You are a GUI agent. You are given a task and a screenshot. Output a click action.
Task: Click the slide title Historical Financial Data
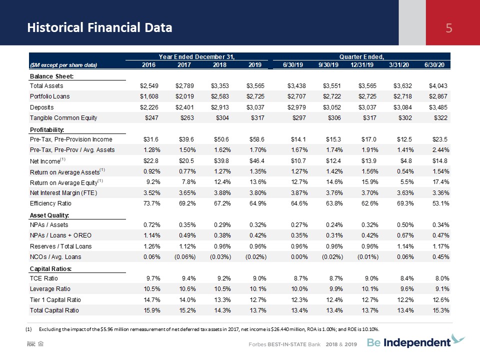click(100, 27)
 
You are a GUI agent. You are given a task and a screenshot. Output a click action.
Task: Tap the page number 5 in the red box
click(449, 28)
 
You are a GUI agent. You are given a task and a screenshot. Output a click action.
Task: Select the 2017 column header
click(184, 65)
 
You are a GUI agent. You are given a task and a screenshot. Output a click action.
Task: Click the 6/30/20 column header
click(434, 65)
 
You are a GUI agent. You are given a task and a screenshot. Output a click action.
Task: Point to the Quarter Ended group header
click(361, 56)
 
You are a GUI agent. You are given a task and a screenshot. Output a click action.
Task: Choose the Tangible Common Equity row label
click(63, 118)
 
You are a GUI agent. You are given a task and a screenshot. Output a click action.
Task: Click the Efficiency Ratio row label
click(50, 203)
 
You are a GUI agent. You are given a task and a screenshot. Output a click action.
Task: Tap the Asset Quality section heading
click(49, 215)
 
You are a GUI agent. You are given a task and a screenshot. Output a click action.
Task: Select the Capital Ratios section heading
click(50, 269)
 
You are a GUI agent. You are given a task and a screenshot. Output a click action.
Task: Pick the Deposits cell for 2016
click(149, 107)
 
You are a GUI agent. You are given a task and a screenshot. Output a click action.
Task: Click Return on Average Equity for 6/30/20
click(441, 182)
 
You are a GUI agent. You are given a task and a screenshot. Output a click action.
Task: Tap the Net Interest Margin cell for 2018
click(222, 193)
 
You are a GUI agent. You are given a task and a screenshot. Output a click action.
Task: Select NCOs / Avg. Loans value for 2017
click(185, 257)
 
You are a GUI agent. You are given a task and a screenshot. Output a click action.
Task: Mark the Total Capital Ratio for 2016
click(152, 310)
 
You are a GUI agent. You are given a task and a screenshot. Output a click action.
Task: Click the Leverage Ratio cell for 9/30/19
click(334, 289)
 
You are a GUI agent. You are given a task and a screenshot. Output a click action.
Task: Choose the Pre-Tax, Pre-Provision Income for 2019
click(257, 139)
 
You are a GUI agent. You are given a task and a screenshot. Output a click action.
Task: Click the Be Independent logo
click(416, 341)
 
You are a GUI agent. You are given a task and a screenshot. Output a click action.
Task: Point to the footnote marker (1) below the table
click(28, 329)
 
